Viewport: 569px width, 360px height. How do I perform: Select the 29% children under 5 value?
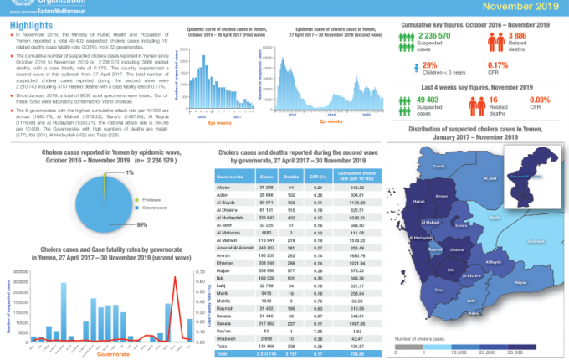[430, 64]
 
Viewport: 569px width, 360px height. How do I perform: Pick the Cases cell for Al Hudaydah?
[267, 216]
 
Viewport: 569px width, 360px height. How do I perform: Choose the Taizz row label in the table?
[223, 344]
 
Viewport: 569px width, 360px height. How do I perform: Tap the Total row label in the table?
[223, 352]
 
